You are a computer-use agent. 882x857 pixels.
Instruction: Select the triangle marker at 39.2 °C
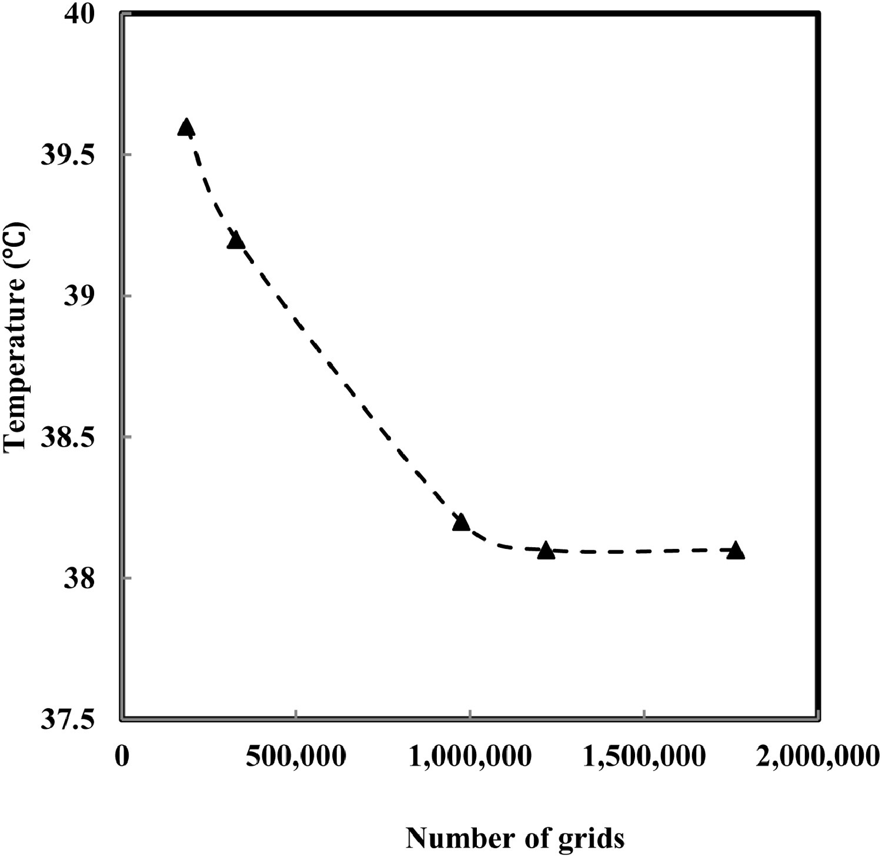click(235, 240)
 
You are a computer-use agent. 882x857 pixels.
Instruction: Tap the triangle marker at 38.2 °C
click(461, 522)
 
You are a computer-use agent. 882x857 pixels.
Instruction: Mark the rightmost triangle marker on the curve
click(736, 551)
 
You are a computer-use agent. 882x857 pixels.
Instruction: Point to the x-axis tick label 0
click(122, 756)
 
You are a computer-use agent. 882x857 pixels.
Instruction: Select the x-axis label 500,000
click(296, 756)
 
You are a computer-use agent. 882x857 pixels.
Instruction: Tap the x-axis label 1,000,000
click(470, 756)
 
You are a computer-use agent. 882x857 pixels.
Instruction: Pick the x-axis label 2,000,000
click(818, 756)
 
